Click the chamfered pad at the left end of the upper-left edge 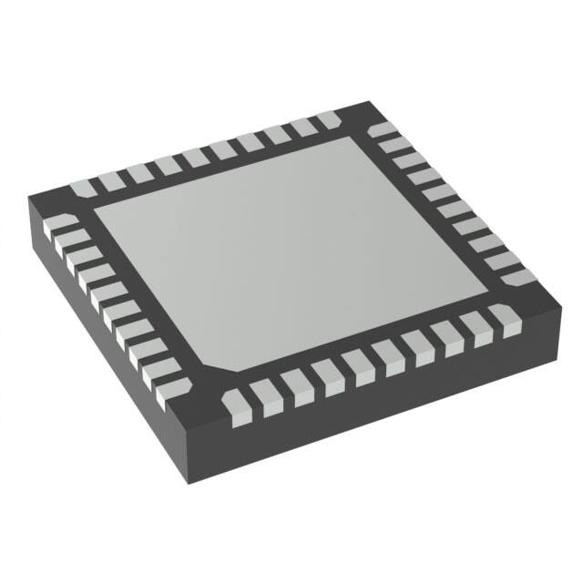click(81, 189)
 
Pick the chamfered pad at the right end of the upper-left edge click(327, 119)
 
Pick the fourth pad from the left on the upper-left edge click(165, 165)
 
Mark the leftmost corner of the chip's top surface click(27, 197)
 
